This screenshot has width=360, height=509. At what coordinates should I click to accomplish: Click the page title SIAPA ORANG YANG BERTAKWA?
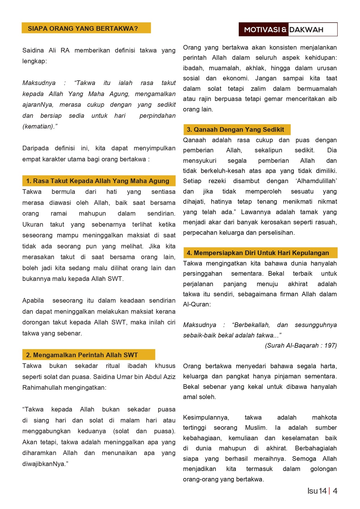[x=83, y=28]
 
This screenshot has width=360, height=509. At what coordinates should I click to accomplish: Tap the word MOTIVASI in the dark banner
[x=262, y=30]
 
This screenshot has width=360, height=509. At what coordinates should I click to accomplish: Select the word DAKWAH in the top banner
[x=306, y=30]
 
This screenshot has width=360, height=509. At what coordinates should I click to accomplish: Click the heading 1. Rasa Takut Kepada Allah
[x=97, y=181]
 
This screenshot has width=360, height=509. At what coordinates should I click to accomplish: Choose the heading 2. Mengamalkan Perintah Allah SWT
[x=82, y=355]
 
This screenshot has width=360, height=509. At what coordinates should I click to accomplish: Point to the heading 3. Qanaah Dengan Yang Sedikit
[x=235, y=129]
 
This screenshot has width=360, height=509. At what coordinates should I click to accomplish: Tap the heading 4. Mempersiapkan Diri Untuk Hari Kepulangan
[x=258, y=253]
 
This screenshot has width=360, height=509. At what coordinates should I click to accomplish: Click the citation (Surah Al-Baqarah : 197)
[x=301, y=345]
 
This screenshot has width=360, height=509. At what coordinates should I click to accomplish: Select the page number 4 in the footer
[x=335, y=491]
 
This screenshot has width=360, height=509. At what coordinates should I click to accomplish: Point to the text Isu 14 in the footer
[x=317, y=491]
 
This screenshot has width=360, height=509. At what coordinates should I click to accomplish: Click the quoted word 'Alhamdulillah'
[x=316, y=181]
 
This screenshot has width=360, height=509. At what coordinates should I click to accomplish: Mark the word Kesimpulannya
[x=206, y=417]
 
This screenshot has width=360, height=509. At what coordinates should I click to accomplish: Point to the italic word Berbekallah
[x=251, y=325]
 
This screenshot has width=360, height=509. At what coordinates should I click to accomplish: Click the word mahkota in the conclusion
[x=324, y=417]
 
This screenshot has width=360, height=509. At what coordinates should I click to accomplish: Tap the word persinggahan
[x=202, y=273]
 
